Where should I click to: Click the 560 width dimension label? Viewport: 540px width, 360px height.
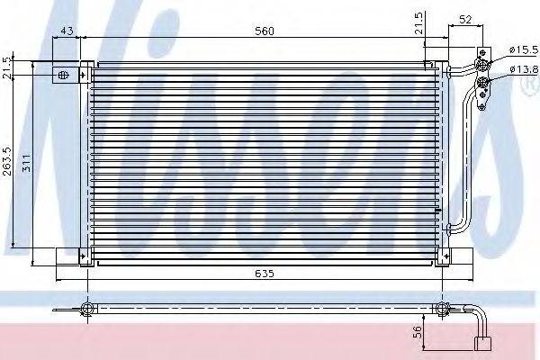(x=264, y=31)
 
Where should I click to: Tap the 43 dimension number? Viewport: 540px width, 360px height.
(x=67, y=31)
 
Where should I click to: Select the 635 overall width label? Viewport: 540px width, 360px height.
(x=265, y=274)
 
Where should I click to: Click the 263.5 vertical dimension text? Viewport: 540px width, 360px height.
(x=7, y=161)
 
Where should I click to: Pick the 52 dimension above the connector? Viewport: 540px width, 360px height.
(x=465, y=20)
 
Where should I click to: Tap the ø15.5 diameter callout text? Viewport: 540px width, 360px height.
(x=524, y=50)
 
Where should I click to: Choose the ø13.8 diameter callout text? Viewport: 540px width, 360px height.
(x=524, y=70)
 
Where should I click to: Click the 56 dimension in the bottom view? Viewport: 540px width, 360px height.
(x=417, y=332)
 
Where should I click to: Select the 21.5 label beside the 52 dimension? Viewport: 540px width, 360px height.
(x=418, y=23)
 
